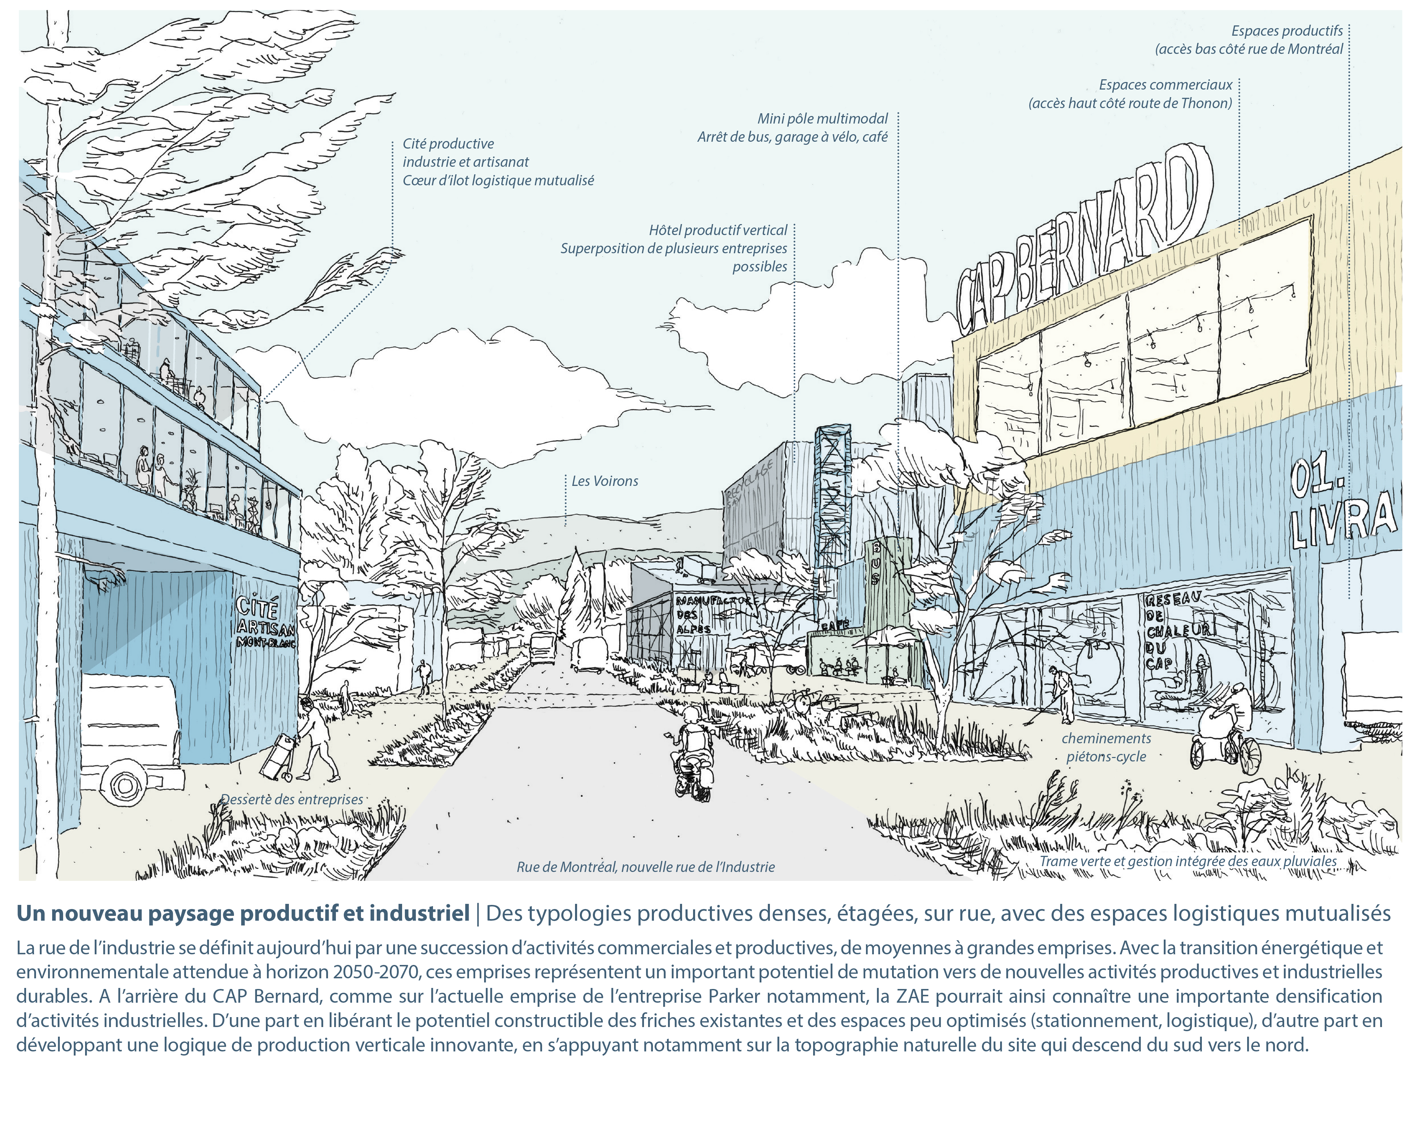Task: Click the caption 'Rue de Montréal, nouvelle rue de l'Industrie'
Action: click(x=645, y=867)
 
